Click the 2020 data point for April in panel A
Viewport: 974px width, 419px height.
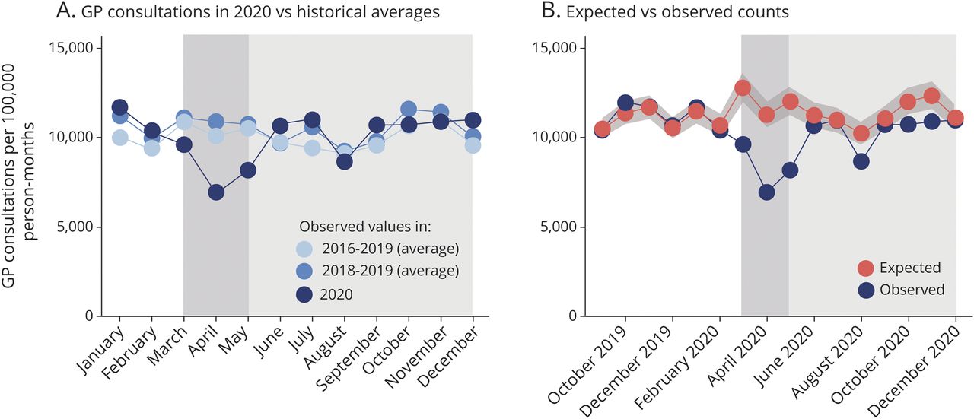click(x=216, y=192)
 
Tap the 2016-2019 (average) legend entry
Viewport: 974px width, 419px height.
click(x=396, y=248)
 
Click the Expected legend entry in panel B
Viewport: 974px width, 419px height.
click(x=898, y=268)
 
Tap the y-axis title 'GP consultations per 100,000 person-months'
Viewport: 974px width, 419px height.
click(x=19, y=183)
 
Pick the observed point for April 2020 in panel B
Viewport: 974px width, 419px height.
click(x=766, y=192)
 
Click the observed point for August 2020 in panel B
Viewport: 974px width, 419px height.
click(x=861, y=161)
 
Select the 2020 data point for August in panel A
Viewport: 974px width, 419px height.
click(x=345, y=161)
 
